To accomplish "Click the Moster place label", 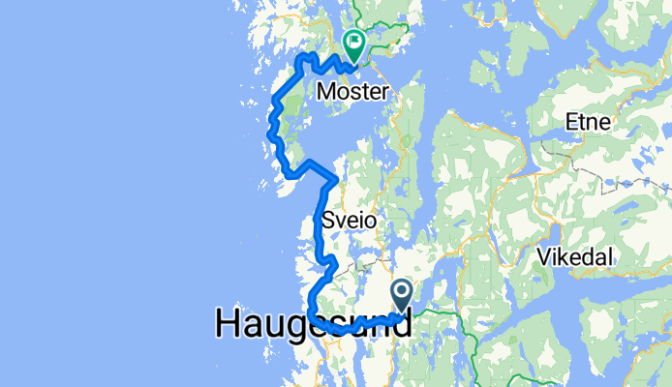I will (352, 92).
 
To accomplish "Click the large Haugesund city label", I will (312, 324).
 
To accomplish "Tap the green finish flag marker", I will (354, 45).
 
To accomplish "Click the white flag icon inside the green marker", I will (354, 42).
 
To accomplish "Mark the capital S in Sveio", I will (327, 221).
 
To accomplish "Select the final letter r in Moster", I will (384, 94).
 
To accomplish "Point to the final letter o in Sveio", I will (368, 222).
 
